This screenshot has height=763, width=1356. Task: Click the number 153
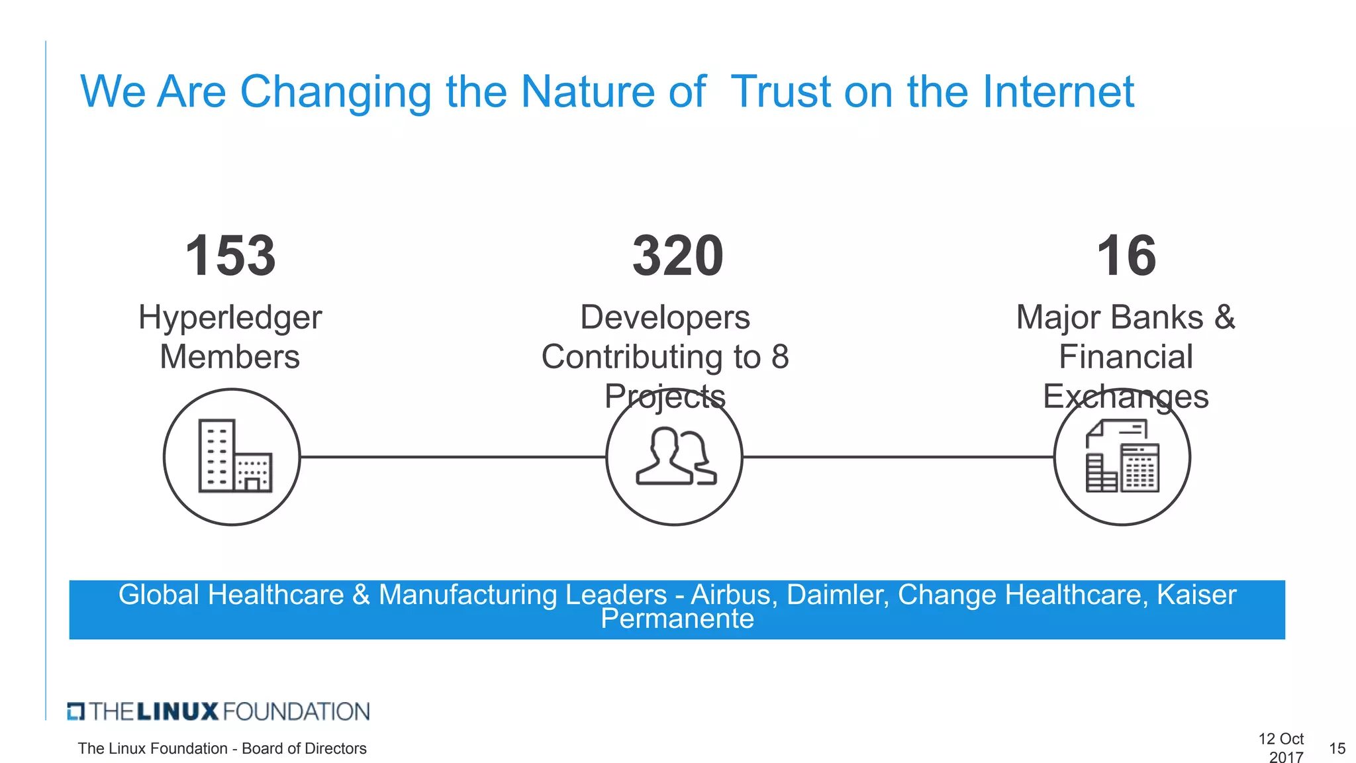point(230,256)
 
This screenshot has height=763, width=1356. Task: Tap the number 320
point(678,256)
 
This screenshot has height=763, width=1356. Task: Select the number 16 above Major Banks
point(1126,256)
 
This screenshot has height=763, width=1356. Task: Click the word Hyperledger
point(230,318)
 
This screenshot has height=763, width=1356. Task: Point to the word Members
point(230,357)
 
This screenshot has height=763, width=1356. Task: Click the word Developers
point(665,317)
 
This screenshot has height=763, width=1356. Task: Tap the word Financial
point(1126,357)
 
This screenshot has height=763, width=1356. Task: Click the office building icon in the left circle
point(234,456)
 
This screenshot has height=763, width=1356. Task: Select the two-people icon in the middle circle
point(675,456)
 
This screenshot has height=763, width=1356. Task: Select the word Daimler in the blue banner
point(838,595)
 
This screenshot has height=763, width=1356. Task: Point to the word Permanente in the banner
point(677,619)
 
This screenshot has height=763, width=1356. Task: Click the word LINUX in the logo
point(177,712)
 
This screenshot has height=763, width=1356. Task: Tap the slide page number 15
point(1337,748)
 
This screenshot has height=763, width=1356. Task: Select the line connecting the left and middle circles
point(453,456)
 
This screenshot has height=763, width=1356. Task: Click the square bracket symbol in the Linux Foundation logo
point(76,711)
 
